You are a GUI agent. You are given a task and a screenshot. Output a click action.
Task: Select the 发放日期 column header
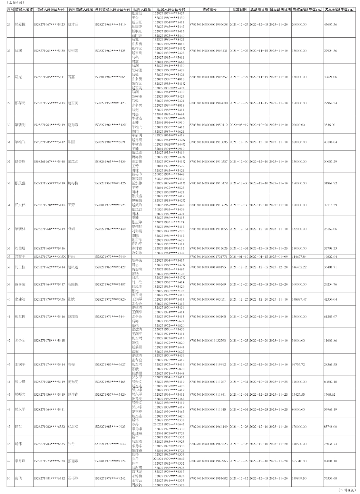[239, 9]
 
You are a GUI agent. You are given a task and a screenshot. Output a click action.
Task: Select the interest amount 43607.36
[330, 25]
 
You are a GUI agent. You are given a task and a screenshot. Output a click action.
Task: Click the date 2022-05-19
[239, 124]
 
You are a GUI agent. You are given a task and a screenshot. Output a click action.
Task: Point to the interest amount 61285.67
[330, 316]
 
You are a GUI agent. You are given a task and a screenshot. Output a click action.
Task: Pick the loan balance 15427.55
[298, 394]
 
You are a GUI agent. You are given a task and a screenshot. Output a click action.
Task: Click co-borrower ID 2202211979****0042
[110, 444]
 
